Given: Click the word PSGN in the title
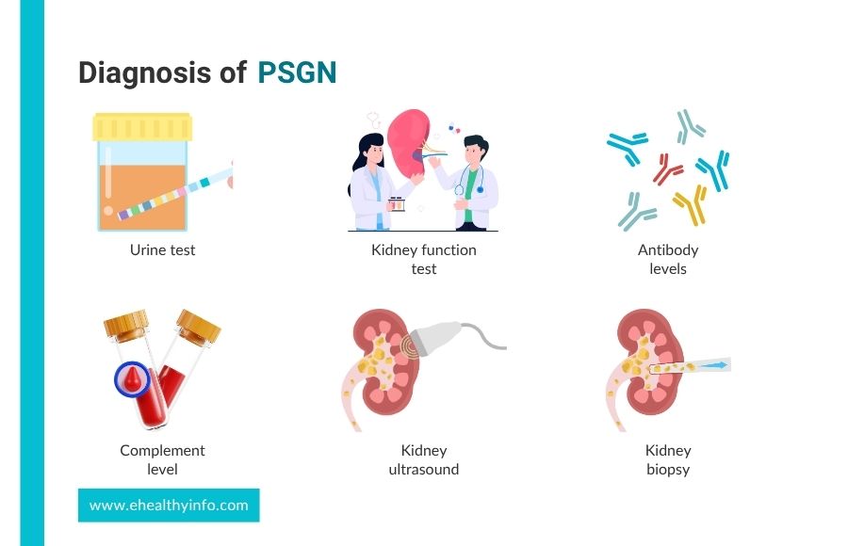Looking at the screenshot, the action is point(297,72).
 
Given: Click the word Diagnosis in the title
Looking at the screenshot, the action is point(145,73).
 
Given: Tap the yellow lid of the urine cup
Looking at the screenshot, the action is point(142,127).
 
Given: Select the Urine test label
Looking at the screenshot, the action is point(162,249).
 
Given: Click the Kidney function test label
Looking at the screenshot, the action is point(423,260).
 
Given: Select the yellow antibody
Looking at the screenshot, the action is point(691,204).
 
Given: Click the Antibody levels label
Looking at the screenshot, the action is point(668,260).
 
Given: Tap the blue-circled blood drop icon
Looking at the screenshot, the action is point(132,379).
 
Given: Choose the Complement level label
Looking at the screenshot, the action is point(162,459).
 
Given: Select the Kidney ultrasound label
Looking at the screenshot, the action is point(423,459).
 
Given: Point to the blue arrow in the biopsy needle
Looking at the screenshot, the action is point(714,365).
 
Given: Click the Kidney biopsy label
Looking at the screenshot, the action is point(668,460).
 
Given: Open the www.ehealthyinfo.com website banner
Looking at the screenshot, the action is point(169,506).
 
